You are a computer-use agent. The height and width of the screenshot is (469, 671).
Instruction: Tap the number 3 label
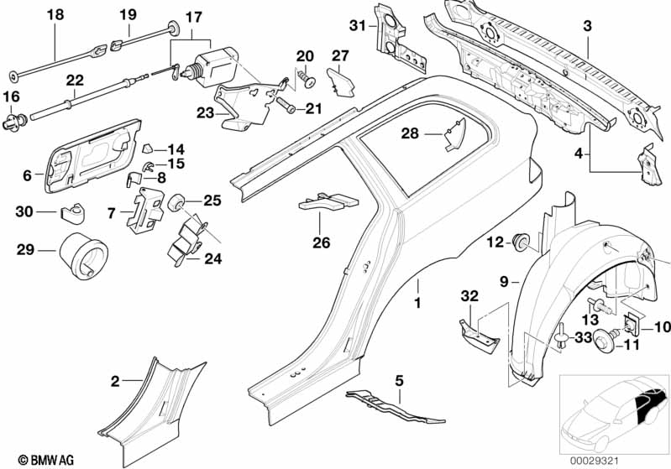(x=587, y=26)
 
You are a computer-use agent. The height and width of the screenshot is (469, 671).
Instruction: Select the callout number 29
(x=25, y=249)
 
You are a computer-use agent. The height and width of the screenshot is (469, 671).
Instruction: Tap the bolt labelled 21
(x=286, y=106)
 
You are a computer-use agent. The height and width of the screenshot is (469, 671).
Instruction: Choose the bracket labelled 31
(x=401, y=37)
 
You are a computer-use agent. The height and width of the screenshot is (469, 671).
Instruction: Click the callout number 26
(x=321, y=242)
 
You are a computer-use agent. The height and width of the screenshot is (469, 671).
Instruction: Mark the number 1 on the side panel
(x=417, y=298)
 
